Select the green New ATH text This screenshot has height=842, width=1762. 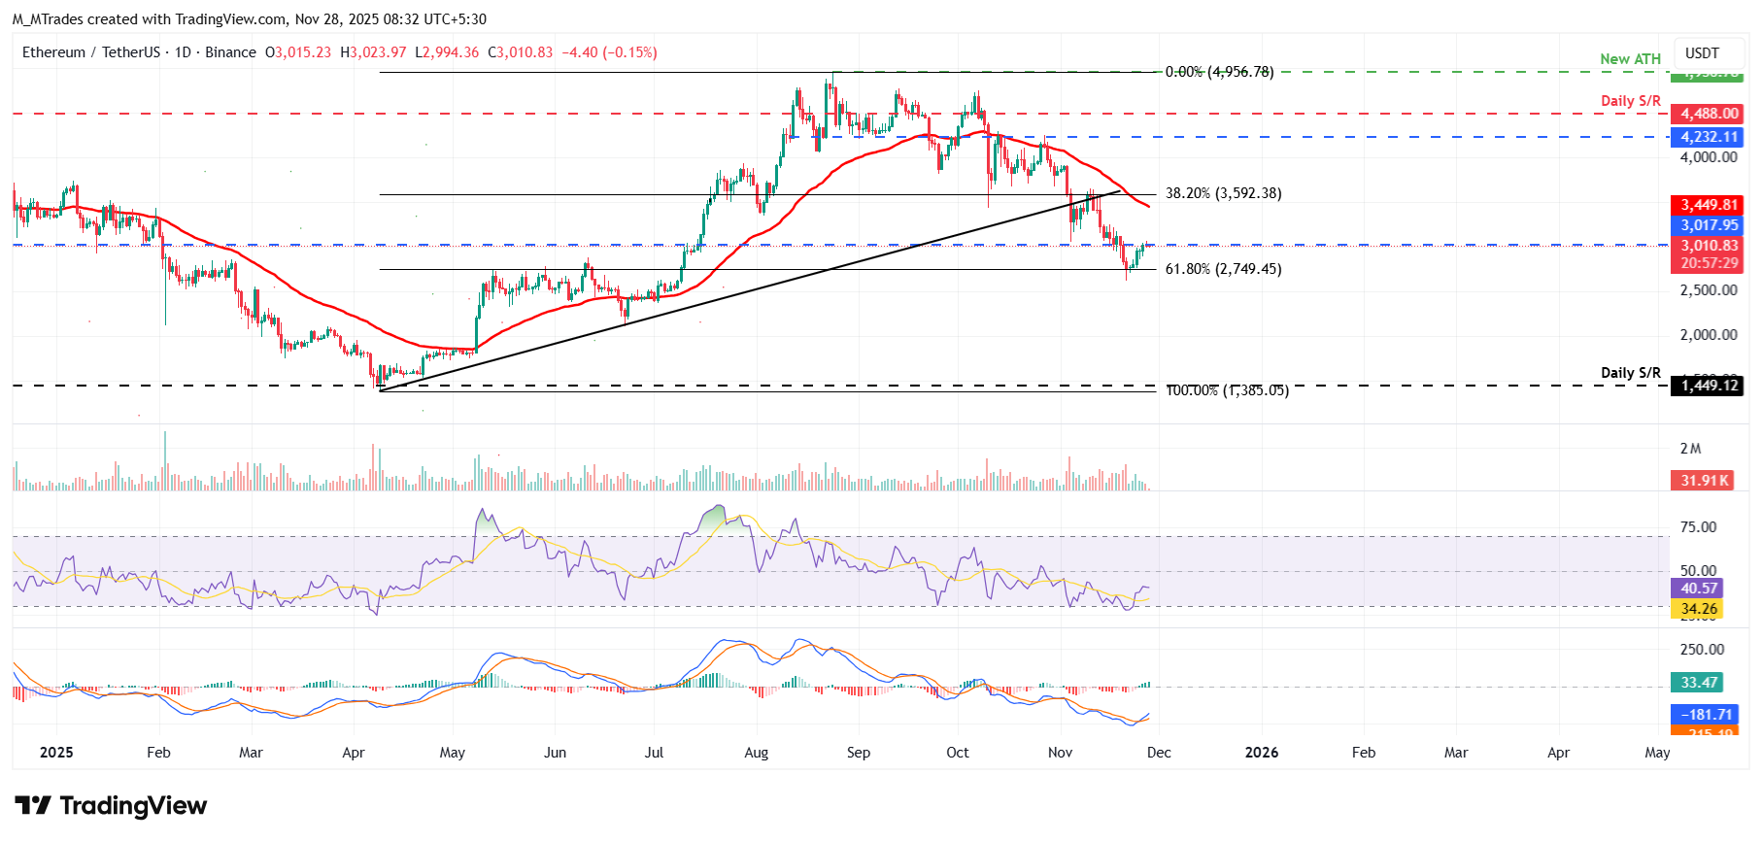[x=1630, y=59]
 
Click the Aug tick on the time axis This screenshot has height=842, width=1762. [x=756, y=753]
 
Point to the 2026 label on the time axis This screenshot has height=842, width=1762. [x=1261, y=753]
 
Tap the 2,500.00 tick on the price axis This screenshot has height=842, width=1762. [x=1709, y=290]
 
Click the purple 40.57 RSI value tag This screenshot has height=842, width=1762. [x=1699, y=589]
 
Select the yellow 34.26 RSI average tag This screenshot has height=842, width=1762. [x=1699, y=609]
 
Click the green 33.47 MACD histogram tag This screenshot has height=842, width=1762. [x=1699, y=683]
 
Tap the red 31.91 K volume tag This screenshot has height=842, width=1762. [x=1705, y=481]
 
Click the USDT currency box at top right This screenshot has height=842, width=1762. [x=1702, y=53]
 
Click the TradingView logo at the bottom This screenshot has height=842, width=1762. [x=112, y=806]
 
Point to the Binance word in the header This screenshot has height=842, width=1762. [x=231, y=52]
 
